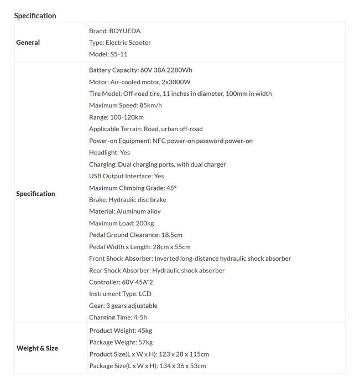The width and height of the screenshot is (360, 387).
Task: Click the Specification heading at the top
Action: pyautogui.click(x=35, y=16)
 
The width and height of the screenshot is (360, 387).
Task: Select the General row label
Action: pyautogui.click(x=28, y=43)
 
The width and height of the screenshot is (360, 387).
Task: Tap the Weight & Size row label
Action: pyautogui.click(x=37, y=348)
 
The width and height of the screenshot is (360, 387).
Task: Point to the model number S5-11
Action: pyautogui.click(x=119, y=54)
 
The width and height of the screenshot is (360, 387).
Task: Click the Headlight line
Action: pyautogui.click(x=109, y=153)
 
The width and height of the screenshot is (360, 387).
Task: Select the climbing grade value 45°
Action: pyautogui.click(x=171, y=188)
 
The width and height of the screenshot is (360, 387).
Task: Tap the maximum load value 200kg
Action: pyautogui.click(x=149, y=224)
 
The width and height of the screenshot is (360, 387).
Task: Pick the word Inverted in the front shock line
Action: pyautogui.click(x=168, y=259)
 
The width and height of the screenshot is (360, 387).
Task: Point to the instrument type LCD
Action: pyautogui.click(x=145, y=294)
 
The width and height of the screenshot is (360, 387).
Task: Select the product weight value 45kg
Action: pyautogui.click(x=144, y=331)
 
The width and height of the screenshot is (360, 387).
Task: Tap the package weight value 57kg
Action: pyautogui.click(x=145, y=342)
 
